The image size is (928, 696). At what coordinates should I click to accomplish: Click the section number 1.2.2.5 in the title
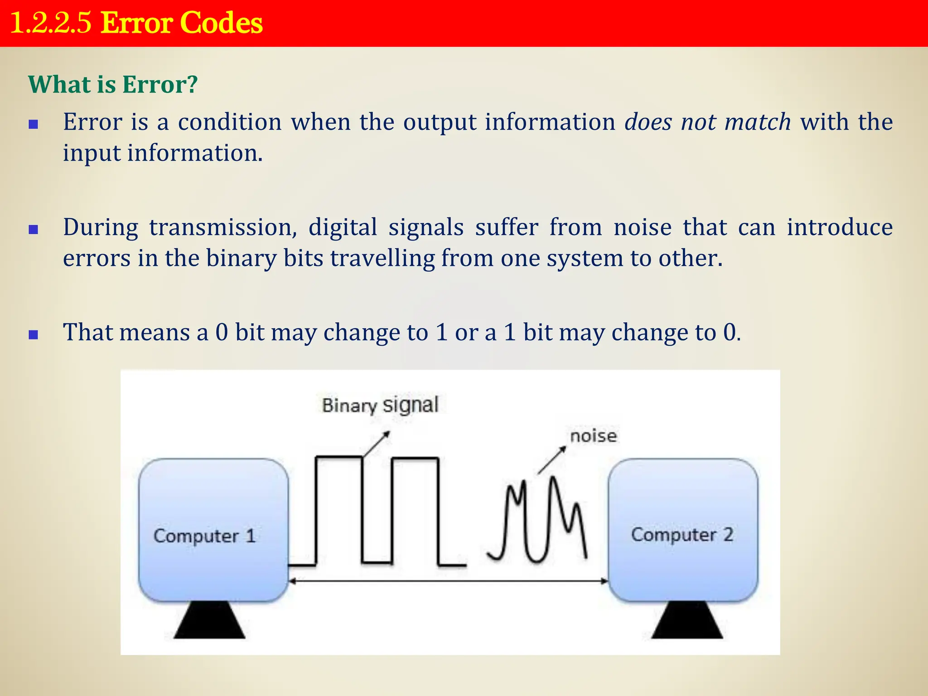point(50,23)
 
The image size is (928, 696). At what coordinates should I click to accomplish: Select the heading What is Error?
point(113,84)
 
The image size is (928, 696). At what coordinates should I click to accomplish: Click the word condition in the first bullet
point(230,122)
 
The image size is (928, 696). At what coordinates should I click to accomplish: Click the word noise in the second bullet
point(643,227)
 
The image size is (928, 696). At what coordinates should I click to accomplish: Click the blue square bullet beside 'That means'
point(33,335)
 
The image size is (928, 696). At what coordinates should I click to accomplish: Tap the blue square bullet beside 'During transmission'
point(33,230)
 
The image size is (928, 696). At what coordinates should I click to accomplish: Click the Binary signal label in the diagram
point(380,405)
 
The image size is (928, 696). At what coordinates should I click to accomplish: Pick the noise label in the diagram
point(593,436)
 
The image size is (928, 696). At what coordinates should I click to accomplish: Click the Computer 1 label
point(205,536)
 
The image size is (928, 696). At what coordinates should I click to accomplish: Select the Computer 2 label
point(682,535)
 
